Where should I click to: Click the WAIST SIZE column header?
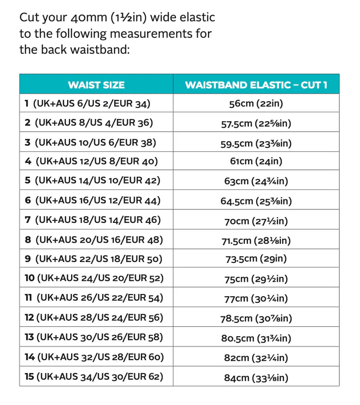coord(96,85)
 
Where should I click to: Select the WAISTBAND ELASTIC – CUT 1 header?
coord(256,85)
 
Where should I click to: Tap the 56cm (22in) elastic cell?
coord(256,104)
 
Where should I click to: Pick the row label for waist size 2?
coord(89,123)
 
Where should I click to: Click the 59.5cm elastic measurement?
coord(256,143)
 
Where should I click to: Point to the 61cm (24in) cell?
coord(256,161)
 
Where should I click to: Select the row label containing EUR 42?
coord(93,181)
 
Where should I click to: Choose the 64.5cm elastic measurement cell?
coord(256,200)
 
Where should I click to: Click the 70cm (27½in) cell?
coord(256,220)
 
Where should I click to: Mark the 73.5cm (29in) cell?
coord(256,259)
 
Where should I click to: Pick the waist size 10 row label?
coord(94,278)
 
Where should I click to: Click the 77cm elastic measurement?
coord(256,298)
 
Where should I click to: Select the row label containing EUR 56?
coord(94,317)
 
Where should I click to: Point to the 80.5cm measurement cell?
coord(256,338)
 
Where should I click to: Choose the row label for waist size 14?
coord(94,357)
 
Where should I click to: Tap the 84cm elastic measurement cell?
coord(256,377)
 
